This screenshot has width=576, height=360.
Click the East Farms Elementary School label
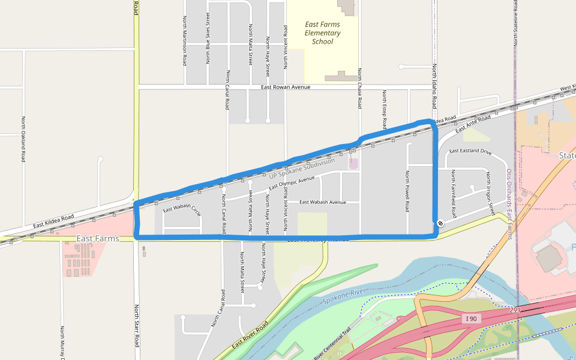322,33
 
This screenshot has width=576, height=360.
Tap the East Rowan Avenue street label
286,87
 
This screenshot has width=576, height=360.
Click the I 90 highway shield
472,319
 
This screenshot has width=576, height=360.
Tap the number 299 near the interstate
515,310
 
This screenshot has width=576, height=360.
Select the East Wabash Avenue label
322,202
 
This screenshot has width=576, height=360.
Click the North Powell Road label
407,191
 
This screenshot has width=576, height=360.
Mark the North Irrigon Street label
490,193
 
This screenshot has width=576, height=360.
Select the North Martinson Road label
185,41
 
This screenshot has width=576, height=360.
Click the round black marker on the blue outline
440,223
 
